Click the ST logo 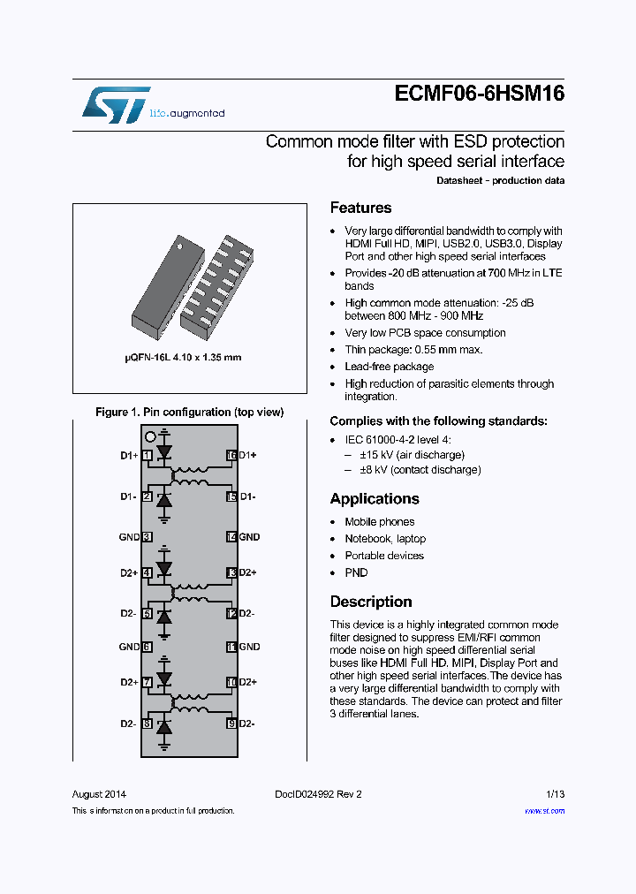pyautogui.click(x=115, y=104)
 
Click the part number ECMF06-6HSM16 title pyautogui.click(x=478, y=95)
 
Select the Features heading pyautogui.click(x=360, y=208)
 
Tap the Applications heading pyautogui.click(x=374, y=499)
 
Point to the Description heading pyautogui.click(x=370, y=602)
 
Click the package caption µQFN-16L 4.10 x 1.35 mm pyautogui.click(x=182, y=358)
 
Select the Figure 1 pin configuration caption pyautogui.click(x=189, y=413)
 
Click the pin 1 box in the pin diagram pyautogui.click(x=147, y=455)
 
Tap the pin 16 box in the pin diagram pyautogui.click(x=231, y=455)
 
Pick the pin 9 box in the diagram pyautogui.click(x=231, y=724)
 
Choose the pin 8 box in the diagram pyautogui.click(x=147, y=724)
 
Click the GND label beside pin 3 pyautogui.click(x=129, y=537)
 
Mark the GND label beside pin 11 pyautogui.click(x=250, y=647)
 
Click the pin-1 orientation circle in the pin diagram pyautogui.click(x=150, y=436)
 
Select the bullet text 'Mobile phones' pyautogui.click(x=379, y=522)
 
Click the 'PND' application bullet pyautogui.click(x=356, y=572)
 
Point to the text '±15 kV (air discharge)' pyautogui.click(x=412, y=455)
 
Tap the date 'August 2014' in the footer pyautogui.click(x=99, y=794)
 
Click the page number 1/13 pyautogui.click(x=555, y=794)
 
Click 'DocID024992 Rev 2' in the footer pyautogui.click(x=312, y=794)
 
